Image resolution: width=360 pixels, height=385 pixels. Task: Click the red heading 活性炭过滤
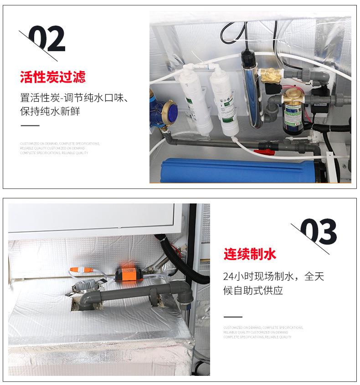(x=53, y=77)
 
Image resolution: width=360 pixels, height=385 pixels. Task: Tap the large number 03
(x=319, y=232)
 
